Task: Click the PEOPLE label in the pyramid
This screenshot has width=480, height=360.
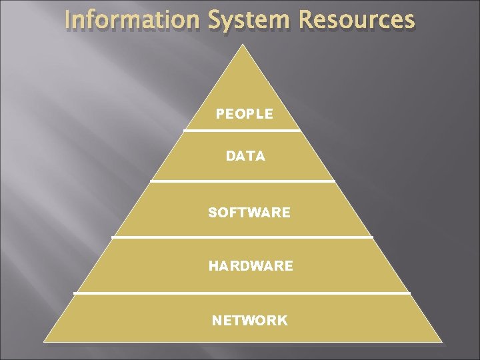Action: click(244, 114)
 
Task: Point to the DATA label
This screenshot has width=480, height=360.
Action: click(245, 157)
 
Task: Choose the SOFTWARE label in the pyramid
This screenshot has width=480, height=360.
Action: click(249, 213)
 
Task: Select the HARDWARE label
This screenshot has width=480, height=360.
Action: click(251, 266)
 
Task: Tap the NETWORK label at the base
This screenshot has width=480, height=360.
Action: click(250, 321)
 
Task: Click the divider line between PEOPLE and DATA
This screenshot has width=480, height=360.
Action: click(243, 131)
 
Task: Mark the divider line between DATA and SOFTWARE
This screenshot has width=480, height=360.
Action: click(243, 181)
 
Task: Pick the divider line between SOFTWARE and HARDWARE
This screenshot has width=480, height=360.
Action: click(242, 237)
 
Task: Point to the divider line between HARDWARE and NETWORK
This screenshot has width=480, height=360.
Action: click(242, 293)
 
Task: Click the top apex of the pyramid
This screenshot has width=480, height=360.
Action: click(243, 45)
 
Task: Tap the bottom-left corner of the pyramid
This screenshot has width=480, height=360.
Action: click(45, 341)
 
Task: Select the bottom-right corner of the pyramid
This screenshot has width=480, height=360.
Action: click(441, 341)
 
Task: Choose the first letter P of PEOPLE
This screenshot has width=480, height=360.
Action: click(220, 114)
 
